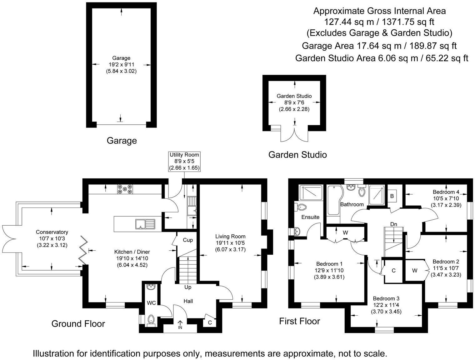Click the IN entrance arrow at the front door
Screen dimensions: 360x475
click(x=180, y=324)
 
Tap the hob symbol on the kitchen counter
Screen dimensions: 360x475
click(x=125, y=189)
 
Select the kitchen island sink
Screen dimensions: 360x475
click(x=145, y=224)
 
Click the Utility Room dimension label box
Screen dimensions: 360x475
click(x=184, y=161)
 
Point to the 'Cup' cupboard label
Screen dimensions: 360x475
click(x=188, y=240)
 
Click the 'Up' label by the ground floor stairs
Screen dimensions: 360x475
click(x=188, y=287)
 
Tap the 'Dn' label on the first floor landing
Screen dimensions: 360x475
click(x=394, y=224)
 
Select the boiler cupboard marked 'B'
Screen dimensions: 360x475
click(x=392, y=196)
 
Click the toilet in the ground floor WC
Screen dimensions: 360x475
click(x=151, y=319)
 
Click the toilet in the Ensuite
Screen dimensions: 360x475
click(x=301, y=207)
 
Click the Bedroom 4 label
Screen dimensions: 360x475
click(x=446, y=192)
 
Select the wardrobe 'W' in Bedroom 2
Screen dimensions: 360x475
click(x=414, y=271)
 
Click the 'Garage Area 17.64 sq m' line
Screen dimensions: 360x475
click(x=379, y=46)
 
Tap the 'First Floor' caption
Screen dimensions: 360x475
click(x=299, y=321)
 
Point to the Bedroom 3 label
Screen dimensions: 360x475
click(x=386, y=298)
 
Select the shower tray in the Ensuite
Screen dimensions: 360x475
click(x=310, y=193)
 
